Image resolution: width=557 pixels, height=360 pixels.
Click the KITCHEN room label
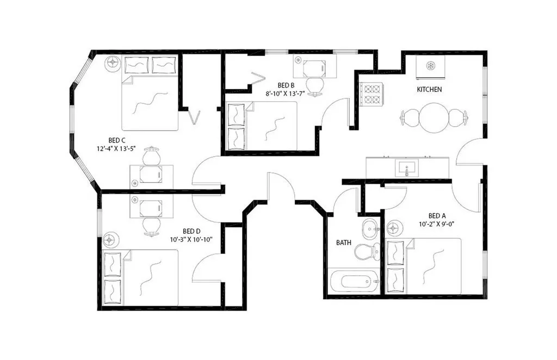coord(429,90)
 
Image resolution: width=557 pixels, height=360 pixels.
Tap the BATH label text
coord(344,243)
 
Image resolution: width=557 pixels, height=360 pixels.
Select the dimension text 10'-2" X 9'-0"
coord(437,224)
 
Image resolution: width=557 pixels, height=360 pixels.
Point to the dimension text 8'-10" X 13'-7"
coord(286,94)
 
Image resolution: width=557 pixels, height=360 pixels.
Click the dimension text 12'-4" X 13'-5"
coord(116,149)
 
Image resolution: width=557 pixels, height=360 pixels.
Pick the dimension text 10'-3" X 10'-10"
coord(191,240)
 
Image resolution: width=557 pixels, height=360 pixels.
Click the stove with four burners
coord(372,94)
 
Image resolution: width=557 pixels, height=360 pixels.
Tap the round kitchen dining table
coord(434,117)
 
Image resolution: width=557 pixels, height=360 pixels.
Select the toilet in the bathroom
coord(367,251)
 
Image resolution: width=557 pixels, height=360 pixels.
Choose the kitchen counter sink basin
coord(407,167)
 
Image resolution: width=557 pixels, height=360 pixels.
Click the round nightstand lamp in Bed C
coord(113,63)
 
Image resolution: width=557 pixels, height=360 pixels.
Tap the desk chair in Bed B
coord(315,86)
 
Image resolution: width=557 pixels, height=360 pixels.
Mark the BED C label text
coord(117,140)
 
